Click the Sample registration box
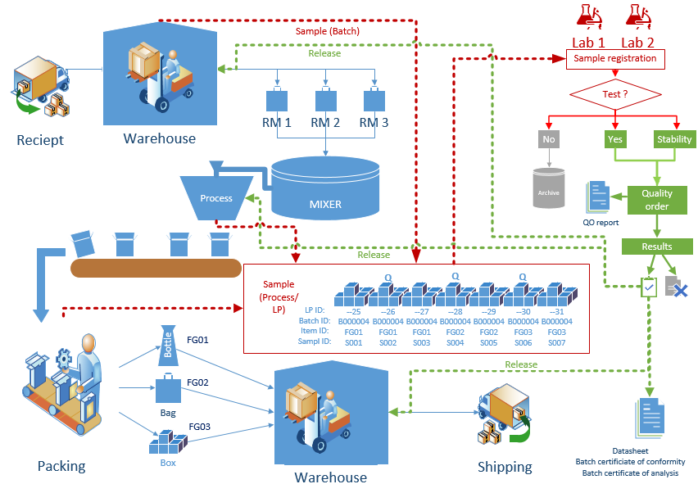pos(614,59)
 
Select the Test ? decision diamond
pos(614,93)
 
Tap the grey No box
pos(548,139)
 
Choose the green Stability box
pos(674,139)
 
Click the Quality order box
pos(656,200)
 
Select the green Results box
pos(656,247)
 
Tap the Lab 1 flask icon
pos(588,16)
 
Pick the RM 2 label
pos(325,124)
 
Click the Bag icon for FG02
pos(168,389)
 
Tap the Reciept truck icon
pos(39,86)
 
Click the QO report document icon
pos(599,197)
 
